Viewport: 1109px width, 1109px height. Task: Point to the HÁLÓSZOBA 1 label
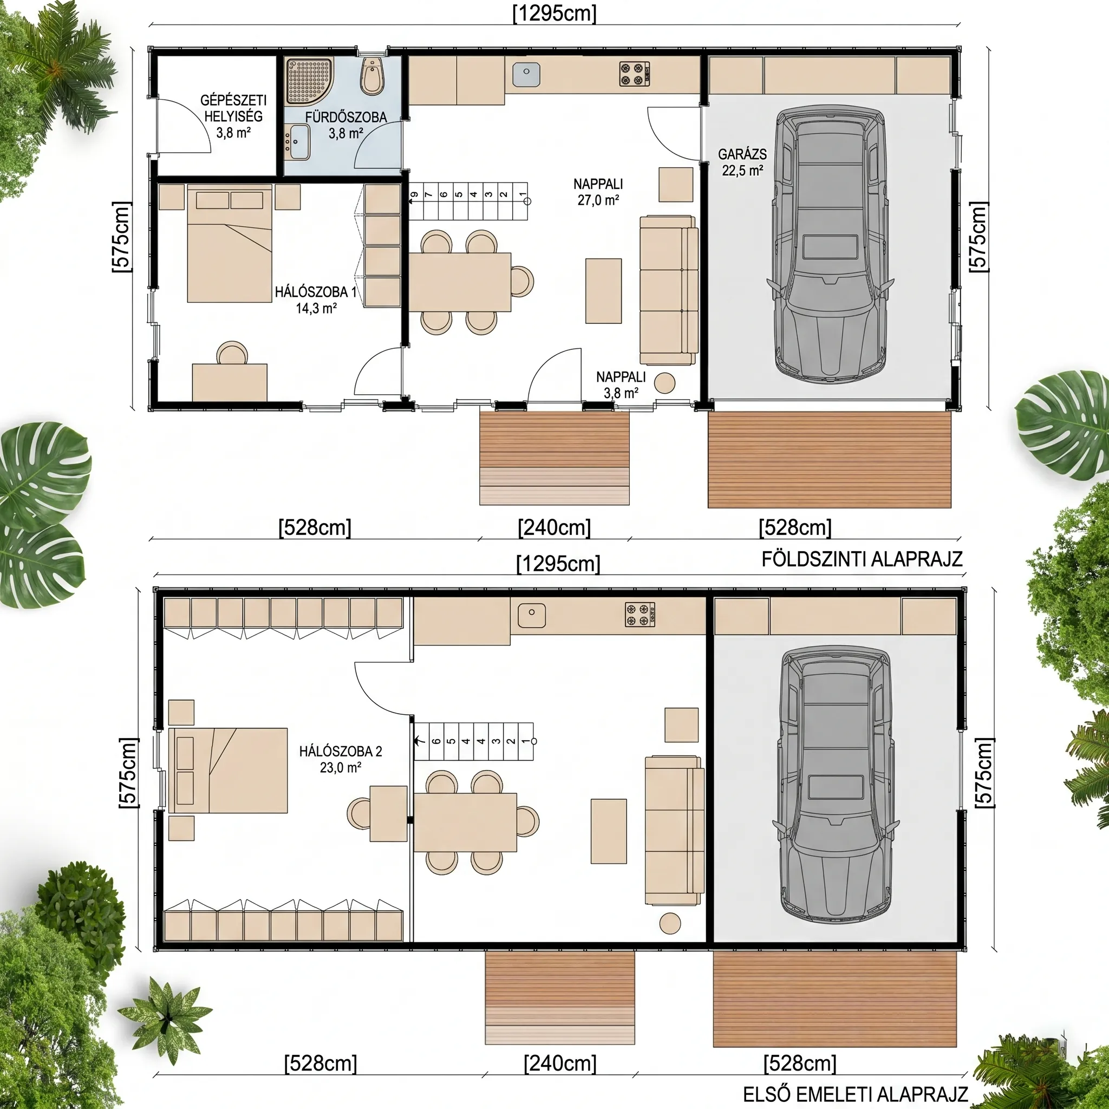316,292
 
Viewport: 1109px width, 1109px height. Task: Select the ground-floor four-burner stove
634,74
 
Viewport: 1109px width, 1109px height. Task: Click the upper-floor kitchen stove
640,614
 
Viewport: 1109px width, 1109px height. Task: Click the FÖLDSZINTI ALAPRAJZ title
862,559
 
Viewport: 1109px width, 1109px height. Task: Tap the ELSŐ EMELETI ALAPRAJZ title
855,1093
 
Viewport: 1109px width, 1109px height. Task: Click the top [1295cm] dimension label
554,13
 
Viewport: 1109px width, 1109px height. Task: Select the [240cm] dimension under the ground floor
554,527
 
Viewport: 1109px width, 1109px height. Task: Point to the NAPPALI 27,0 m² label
598,192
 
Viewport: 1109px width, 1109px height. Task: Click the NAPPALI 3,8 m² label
621,384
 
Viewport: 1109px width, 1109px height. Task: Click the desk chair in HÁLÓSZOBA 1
232,352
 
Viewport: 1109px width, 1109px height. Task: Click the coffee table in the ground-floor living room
603,291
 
